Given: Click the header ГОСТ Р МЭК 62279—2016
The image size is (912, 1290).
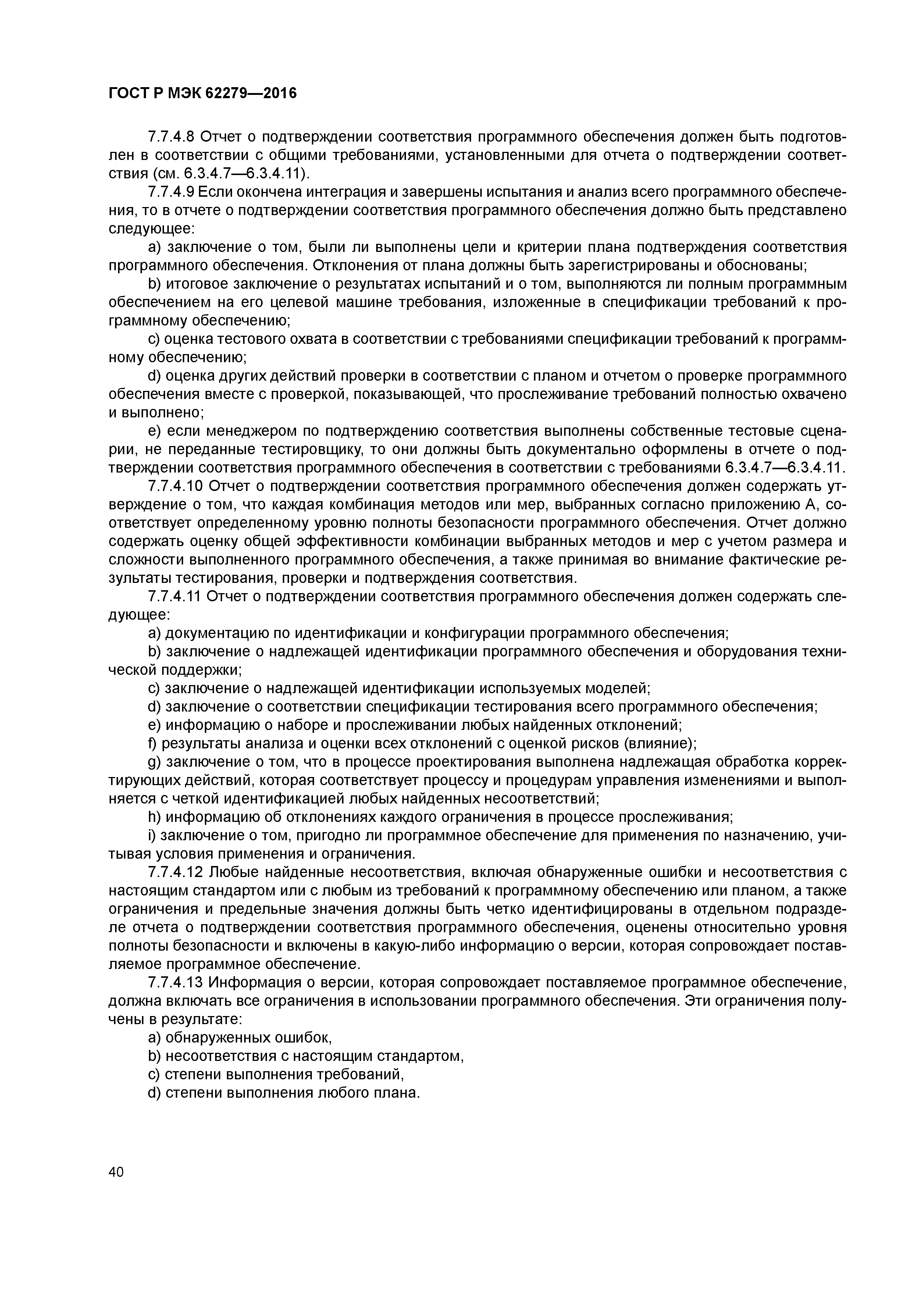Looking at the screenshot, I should pos(202,93).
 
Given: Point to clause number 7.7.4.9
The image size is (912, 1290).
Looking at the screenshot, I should pos(171,192).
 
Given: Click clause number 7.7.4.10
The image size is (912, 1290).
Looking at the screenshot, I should pos(175,487).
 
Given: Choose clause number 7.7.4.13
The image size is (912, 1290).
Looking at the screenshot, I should pos(175,983).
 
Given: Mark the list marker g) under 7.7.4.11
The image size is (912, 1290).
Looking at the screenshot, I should pos(154,762).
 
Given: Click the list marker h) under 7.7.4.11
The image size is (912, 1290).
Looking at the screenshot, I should pos(154,817).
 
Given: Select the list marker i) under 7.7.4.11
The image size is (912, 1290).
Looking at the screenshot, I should pos(152,835).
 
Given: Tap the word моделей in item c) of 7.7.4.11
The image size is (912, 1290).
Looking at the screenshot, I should pos(620,689).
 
